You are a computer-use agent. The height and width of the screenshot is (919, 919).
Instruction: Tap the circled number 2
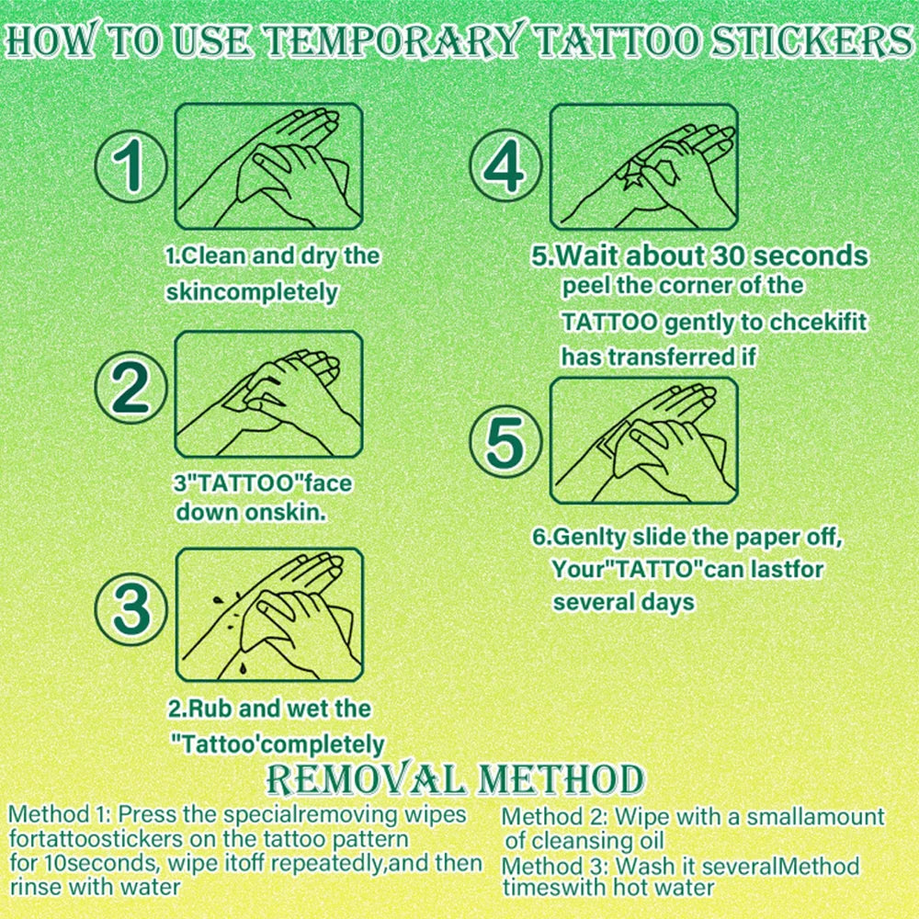click(x=131, y=391)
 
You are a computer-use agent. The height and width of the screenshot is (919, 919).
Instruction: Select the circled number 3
click(x=131, y=609)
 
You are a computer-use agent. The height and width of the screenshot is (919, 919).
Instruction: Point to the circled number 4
click(x=506, y=168)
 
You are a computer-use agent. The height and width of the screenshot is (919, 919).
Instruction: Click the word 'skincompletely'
click(x=252, y=292)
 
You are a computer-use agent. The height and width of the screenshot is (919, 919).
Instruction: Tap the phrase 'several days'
click(x=623, y=603)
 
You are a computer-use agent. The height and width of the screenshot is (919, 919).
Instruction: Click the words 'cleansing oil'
click(x=610, y=841)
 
